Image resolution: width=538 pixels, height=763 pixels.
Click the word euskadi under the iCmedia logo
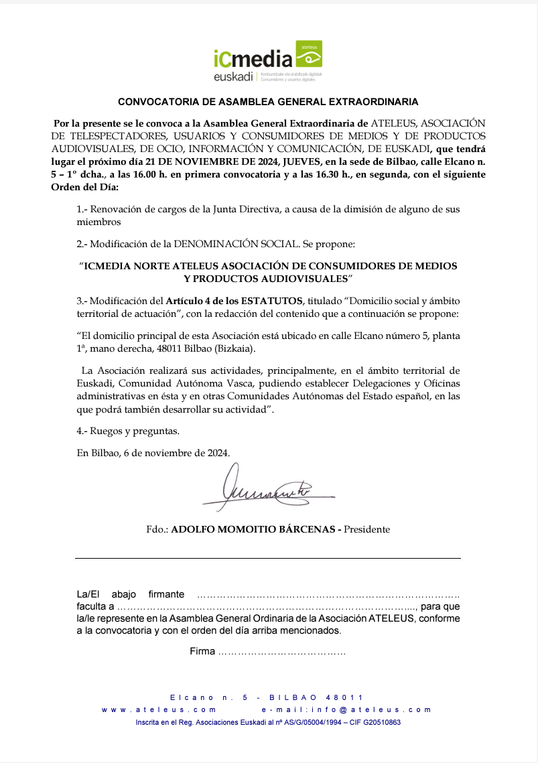(233, 77)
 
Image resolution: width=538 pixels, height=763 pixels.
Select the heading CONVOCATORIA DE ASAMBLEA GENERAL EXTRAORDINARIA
(268, 102)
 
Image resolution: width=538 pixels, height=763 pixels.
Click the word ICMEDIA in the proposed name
(107, 266)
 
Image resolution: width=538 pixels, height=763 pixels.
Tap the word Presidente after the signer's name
(367, 529)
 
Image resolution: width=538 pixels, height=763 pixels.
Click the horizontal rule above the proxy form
(268, 558)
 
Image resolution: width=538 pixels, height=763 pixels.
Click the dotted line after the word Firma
(281, 651)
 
